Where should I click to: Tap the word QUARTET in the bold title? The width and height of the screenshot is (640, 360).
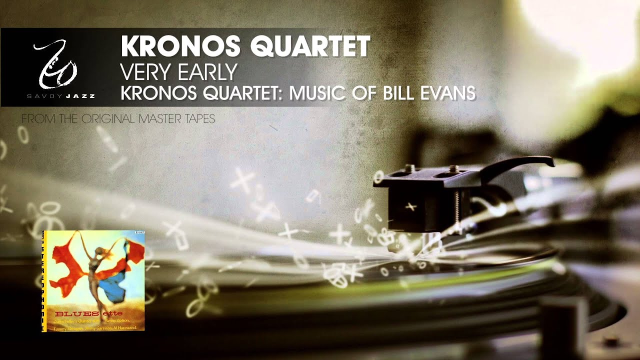tap(310, 46)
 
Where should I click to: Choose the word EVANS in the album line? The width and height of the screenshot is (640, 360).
tap(450, 93)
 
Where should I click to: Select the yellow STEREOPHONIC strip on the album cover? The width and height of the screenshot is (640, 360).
tap(44, 280)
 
